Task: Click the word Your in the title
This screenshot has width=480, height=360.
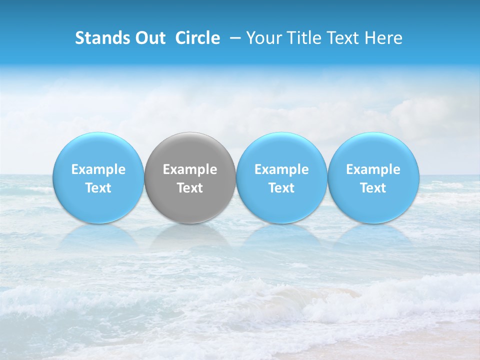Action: tap(262, 38)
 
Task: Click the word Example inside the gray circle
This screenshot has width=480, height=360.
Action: tap(190, 169)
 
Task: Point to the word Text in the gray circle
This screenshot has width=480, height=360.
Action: tap(190, 188)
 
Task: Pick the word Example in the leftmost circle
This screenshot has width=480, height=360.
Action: tap(98, 169)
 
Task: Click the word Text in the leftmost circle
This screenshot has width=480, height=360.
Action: tap(98, 188)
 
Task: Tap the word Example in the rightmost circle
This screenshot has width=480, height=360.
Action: tap(373, 169)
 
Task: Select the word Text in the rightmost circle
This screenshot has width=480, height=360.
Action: tap(373, 188)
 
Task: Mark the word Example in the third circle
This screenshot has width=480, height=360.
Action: tap(281, 169)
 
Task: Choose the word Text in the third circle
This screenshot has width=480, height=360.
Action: tap(281, 188)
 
